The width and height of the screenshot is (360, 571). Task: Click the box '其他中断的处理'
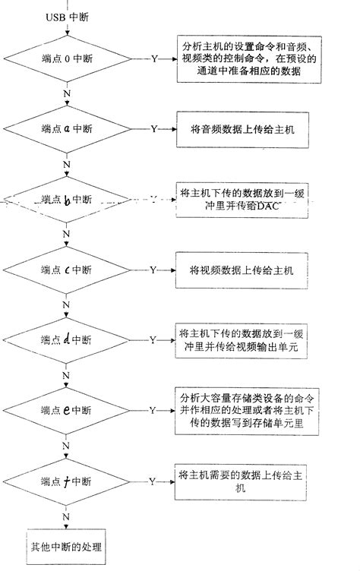pos(66,547)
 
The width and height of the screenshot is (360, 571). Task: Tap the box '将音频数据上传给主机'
pos(242,129)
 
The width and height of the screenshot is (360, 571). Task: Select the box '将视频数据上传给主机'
pos(242,270)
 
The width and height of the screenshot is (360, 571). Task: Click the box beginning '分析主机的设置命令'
pos(242,58)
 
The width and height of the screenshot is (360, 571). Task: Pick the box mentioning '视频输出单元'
pos(242,339)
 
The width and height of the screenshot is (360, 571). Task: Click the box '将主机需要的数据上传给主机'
pos(242,481)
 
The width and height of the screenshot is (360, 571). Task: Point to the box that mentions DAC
pos(242,199)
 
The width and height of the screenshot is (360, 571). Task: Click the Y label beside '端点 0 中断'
pos(155,58)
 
